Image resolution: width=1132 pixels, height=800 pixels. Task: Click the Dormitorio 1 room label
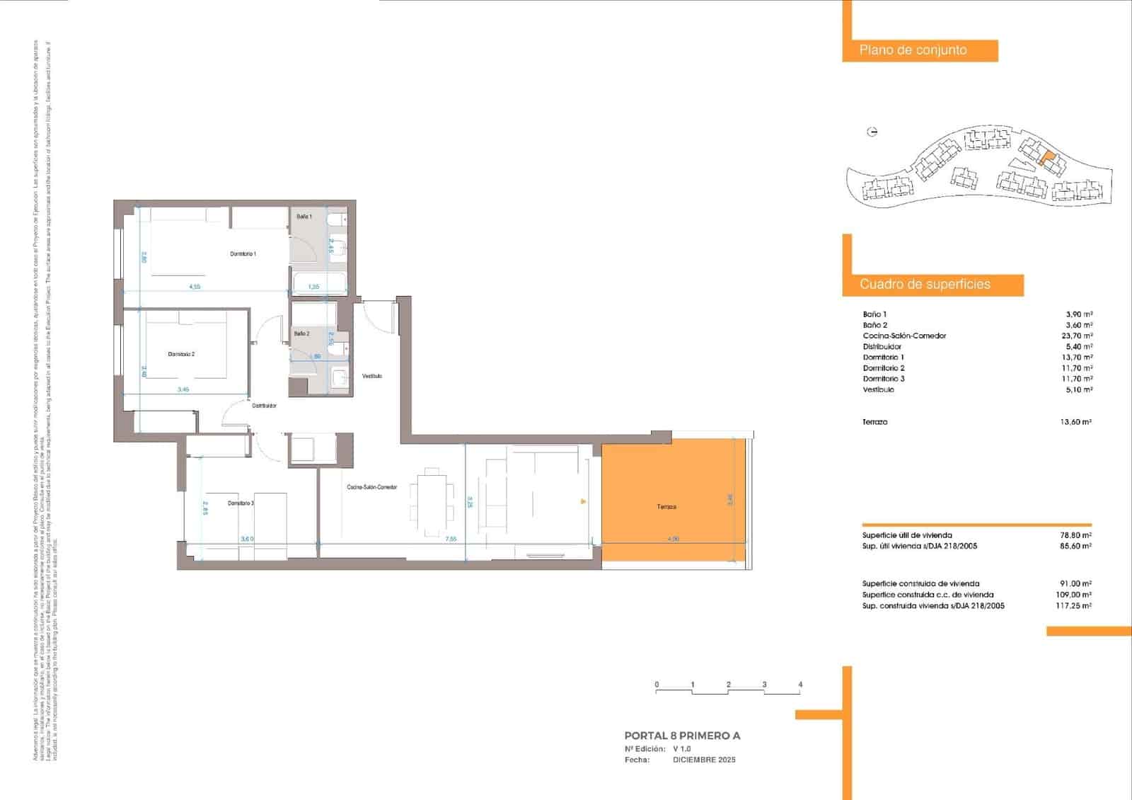tap(243, 253)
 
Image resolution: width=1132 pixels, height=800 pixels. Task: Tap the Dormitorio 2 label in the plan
tap(181, 354)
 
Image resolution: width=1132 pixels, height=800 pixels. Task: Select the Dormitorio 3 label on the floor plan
tap(241, 503)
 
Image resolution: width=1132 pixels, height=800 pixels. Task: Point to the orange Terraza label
tap(666, 507)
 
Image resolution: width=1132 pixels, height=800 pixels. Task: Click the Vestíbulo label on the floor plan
tap(372, 376)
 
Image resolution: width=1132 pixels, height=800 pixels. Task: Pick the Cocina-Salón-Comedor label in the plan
tap(371, 487)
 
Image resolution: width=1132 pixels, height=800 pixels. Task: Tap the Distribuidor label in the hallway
tap(265, 406)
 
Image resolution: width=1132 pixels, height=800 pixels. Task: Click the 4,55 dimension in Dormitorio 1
tap(195, 287)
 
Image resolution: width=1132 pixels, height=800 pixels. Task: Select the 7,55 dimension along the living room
tap(451, 539)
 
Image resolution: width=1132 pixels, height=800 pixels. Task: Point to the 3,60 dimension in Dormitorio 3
tap(247, 539)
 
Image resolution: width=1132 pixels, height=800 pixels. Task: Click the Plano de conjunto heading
tap(913, 50)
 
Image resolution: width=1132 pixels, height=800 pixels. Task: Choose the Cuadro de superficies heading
tap(925, 285)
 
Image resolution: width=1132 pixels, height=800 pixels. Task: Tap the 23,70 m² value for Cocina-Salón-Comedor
tap(1079, 336)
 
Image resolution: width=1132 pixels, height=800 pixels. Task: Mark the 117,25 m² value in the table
tap(1073, 606)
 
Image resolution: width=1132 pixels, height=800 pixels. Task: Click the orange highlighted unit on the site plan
tap(1046, 158)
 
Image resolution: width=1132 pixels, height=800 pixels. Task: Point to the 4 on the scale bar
tap(800, 685)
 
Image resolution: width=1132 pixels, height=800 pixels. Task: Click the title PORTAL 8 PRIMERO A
tap(682, 736)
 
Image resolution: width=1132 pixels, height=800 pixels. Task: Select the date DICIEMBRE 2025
tap(704, 760)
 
